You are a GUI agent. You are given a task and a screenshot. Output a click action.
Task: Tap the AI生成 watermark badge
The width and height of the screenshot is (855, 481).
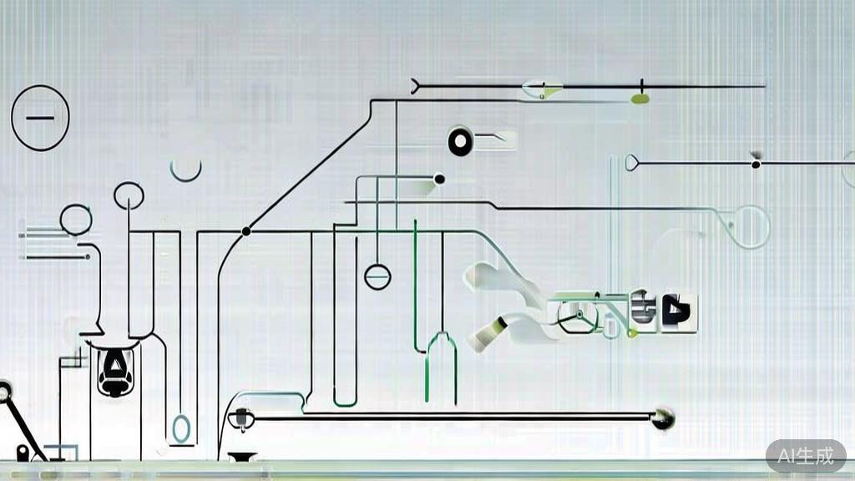806,455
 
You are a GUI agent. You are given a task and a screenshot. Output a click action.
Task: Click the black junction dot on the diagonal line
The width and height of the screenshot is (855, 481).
246,231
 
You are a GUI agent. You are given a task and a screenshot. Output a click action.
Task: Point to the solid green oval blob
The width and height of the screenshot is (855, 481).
640,99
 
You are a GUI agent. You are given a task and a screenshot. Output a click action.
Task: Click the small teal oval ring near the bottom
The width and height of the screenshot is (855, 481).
181,428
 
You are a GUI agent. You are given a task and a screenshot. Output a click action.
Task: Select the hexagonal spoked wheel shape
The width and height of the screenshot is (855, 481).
577,316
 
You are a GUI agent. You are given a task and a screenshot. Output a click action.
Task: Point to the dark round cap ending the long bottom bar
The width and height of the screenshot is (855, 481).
663,418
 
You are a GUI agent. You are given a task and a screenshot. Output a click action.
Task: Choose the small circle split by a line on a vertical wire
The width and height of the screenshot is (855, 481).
377,276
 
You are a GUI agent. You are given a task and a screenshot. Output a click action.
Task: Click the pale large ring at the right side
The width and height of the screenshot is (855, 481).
768,226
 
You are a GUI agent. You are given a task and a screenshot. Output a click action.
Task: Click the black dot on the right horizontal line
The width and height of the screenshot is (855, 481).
756,165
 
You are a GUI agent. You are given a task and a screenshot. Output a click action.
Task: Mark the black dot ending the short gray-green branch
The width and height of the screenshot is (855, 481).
439,179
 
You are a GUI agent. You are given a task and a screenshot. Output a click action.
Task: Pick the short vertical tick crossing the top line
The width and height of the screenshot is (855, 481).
642,86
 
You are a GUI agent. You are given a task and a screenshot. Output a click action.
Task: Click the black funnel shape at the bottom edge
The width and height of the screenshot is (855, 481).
242,457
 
